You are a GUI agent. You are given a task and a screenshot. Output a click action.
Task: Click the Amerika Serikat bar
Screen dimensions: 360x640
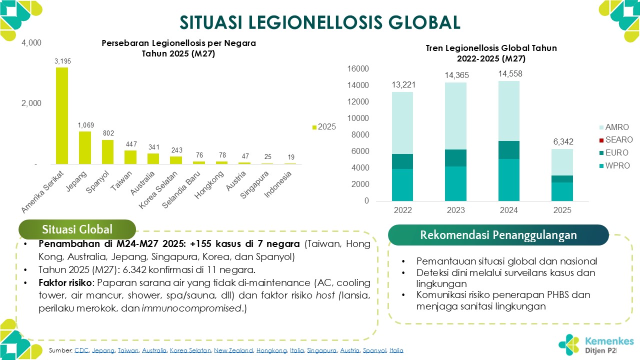tap(62, 115)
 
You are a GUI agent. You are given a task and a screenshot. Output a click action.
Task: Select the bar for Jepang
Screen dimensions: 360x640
tap(85, 147)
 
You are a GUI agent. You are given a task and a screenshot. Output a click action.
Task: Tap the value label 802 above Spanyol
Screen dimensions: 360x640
tap(108, 133)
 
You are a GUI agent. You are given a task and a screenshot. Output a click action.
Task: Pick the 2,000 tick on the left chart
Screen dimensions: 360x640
tap(31, 103)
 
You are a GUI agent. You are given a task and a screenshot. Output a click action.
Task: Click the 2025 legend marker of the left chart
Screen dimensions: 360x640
tap(314, 127)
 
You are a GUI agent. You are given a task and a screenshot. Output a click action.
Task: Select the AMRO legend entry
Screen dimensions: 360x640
tap(602, 127)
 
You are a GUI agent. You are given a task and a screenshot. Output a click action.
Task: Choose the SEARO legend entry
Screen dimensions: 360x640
tap(602, 140)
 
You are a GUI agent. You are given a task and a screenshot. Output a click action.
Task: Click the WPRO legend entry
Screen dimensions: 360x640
tap(602, 165)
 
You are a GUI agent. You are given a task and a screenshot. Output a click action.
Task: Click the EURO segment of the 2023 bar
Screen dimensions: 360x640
tap(455, 158)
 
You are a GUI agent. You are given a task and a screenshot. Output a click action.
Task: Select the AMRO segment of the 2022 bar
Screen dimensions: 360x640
tap(402, 123)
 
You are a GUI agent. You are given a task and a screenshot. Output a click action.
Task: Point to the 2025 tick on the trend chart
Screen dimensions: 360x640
tap(562, 210)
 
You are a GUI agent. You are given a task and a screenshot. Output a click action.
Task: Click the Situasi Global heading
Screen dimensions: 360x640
tap(77, 229)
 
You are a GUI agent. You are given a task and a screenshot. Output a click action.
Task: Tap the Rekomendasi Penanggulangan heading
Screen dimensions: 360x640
tap(498, 235)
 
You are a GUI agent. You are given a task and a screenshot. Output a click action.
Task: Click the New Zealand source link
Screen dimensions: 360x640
tap(233, 351)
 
